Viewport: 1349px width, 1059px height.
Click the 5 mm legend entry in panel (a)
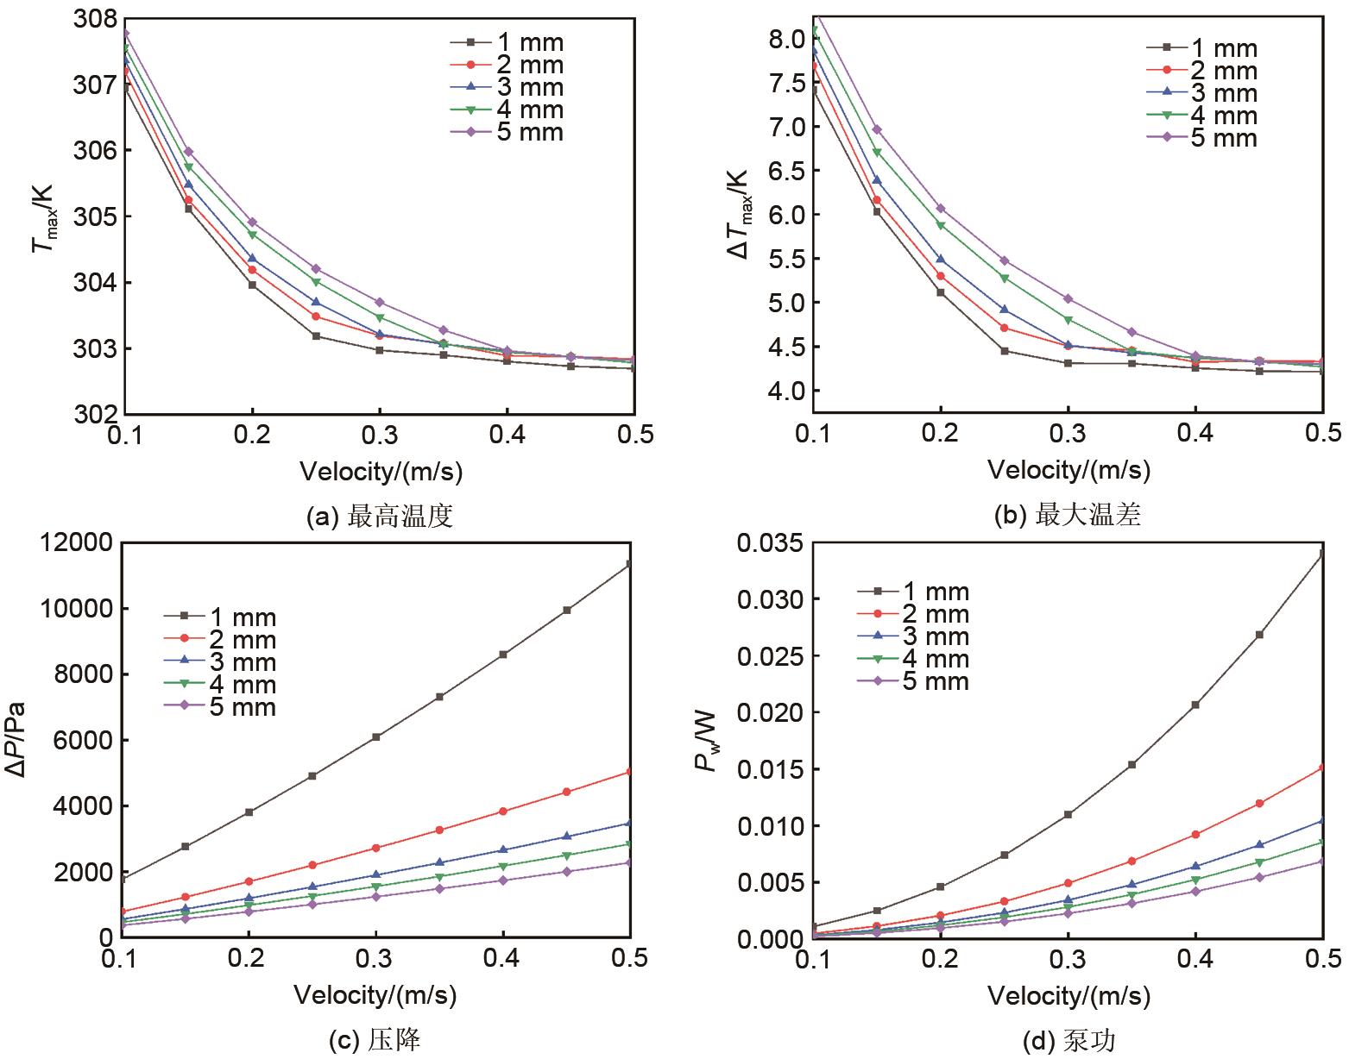coord(506,132)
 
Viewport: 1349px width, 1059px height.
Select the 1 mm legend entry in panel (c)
coord(219,617)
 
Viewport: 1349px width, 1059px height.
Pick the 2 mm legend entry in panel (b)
coord(1201,72)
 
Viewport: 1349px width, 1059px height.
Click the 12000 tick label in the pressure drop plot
coord(74,543)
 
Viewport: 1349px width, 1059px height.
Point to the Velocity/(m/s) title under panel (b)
coord(1068,470)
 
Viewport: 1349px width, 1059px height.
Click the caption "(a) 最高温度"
coord(380,517)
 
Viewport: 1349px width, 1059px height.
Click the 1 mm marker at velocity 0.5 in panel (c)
coord(631,564)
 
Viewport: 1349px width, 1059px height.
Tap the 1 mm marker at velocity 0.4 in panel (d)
coord(1195,705)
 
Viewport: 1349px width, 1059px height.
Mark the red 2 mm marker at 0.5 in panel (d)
coord(1322,768)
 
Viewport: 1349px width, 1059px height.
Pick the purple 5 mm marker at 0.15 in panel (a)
coord(188,152)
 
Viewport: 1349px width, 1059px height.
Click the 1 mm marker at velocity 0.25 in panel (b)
coord(1005,351)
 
